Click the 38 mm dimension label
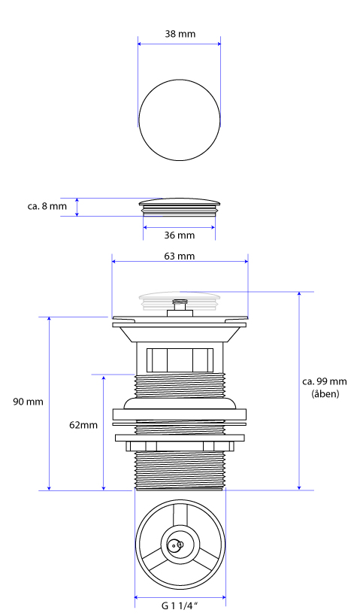pyautogui.click(x=180, y=34)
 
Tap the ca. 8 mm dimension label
pyautogui.click(x=47, y=206)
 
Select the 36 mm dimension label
pyautogui.click(x=180, y=235)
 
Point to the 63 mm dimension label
pyautogui.click(x=180, y=256)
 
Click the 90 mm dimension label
pyautogui.click(x=28, y=402)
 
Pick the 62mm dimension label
pyautogui.click(x=83, y=425)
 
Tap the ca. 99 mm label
pyautogui.click(x=325, y=381)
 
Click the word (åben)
pyautogui.click(x=325, y=393)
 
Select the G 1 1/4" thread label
pyautogui.click(x=180, y=605)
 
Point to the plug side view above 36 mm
pyautogui.click(x=180, y=207)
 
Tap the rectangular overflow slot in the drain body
pyautogui.click(x=180, y=360)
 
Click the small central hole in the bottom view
pyautogui.click(x=174, y=546)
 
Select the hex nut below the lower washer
pyautogui.click(x=180, y=446)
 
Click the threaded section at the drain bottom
pyautogui.click(x=180, y=470)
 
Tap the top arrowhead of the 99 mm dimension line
pyautogui.click(x=299, y=295)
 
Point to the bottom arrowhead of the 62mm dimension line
pyautogui.click(x=104, y=487)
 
